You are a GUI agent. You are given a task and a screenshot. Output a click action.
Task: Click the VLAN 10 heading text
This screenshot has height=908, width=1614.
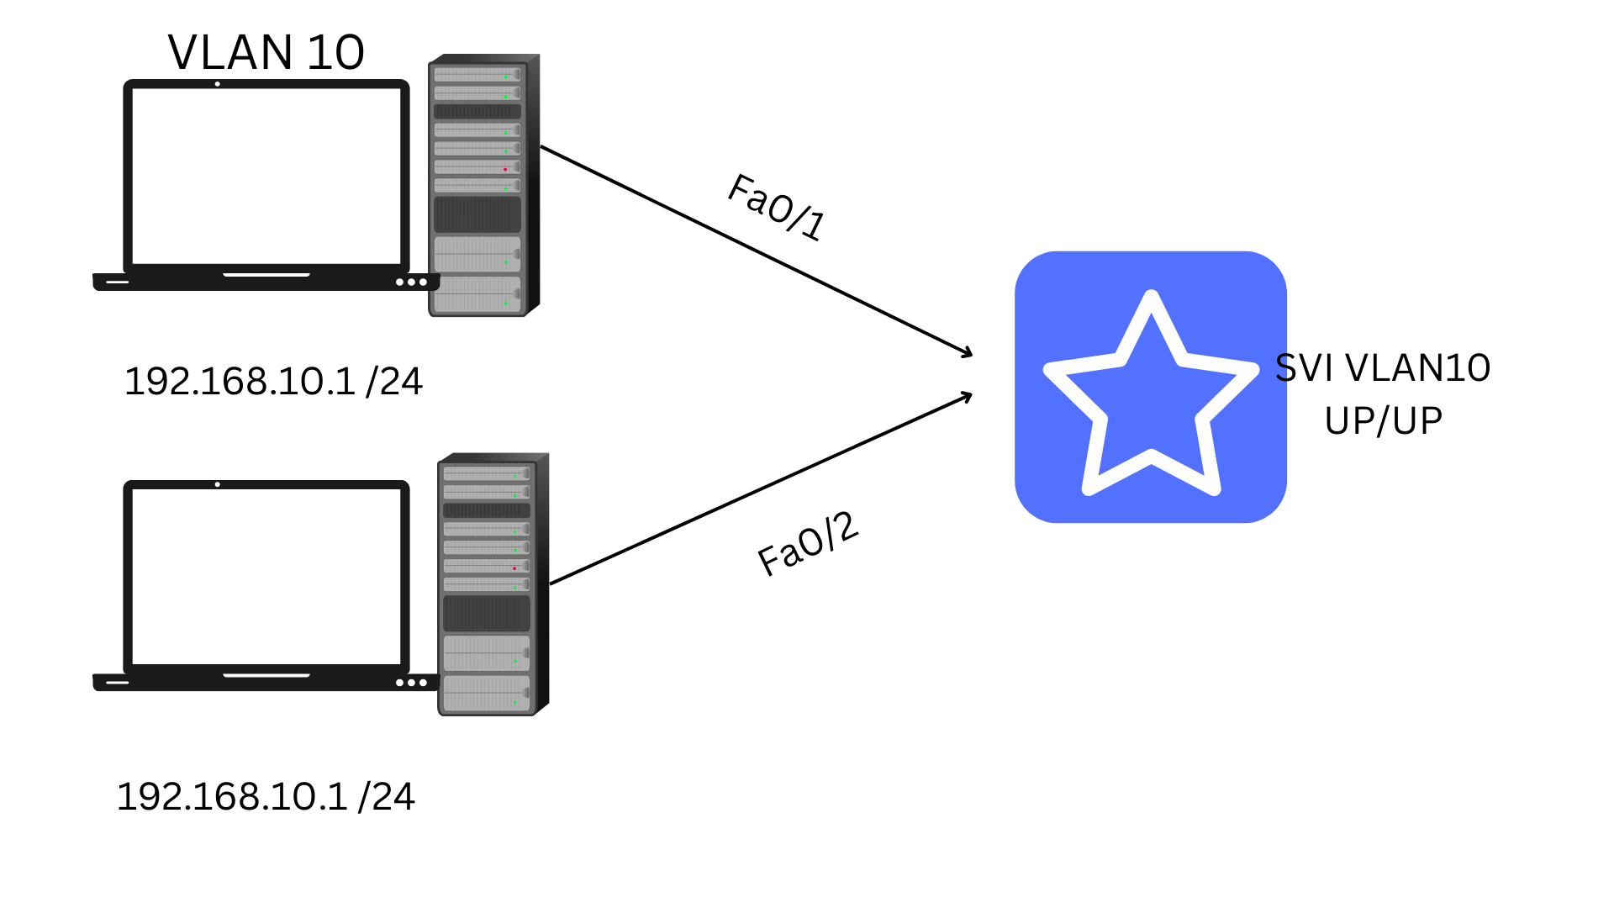click(266, 52)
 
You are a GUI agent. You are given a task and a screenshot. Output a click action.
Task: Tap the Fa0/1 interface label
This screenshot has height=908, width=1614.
click(777, 207)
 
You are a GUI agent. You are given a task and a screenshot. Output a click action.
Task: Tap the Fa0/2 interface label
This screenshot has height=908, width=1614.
click(807, 545)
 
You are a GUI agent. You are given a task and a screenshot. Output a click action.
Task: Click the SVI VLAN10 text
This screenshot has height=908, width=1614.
click(1383, 368)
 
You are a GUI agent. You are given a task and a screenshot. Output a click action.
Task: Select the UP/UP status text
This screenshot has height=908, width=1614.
click(1383, 420)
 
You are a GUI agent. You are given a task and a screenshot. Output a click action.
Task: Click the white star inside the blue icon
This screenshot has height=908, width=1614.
click(1151, 395)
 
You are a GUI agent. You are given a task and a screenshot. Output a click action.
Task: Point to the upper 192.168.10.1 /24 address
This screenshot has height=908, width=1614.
click(273, 382)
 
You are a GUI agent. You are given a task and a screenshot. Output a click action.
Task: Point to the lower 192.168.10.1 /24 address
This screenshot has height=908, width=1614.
click(266, 797)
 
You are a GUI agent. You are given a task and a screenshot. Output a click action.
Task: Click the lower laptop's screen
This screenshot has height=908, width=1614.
click(266, 576)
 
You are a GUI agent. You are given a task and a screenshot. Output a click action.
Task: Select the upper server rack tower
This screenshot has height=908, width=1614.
click(483, 185)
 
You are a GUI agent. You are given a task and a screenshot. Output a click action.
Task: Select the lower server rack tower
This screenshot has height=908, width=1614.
click(493, 584)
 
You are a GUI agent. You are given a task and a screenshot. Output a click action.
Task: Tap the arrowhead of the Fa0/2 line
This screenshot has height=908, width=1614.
click(968, 394)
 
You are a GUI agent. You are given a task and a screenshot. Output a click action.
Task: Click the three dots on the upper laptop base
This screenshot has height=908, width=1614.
click(411, 282)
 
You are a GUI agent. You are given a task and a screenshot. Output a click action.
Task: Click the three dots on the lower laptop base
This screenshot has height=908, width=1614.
click(411, 683)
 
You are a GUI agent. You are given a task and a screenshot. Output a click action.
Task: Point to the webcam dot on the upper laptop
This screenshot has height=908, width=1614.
click(218, 84)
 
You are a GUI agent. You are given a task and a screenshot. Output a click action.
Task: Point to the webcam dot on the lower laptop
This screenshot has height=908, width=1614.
click(218, 484)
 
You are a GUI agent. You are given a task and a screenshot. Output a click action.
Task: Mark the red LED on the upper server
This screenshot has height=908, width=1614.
click(505, 169)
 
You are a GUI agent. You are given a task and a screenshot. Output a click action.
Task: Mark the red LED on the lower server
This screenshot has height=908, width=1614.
click(514, 568)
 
